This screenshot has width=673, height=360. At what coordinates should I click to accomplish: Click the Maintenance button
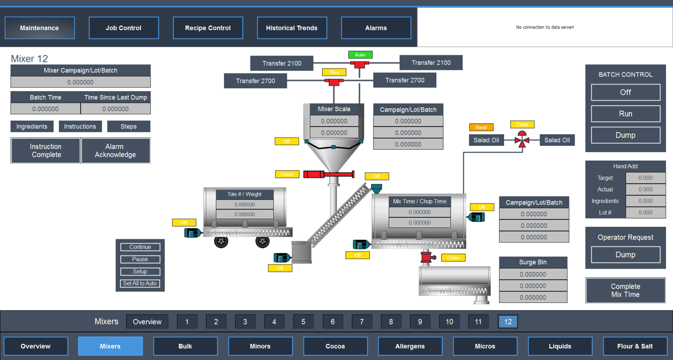[40, 28]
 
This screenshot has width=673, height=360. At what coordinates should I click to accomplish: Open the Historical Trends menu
[291, 28]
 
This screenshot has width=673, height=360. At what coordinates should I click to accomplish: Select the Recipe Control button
[208, 28]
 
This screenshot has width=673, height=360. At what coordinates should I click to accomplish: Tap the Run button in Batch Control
[625, 114]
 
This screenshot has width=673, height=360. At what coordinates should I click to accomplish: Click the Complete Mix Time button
[625, 290]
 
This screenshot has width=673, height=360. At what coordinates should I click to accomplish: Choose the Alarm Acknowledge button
[115, 151]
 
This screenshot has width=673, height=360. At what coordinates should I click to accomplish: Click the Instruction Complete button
[46, 151]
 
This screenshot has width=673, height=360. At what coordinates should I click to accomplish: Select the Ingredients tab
[32, 126]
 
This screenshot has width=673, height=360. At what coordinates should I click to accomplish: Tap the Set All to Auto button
[140, 283]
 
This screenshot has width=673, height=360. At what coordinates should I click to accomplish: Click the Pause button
[140, 259]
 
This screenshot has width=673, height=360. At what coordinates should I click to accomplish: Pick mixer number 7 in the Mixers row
[362, 322]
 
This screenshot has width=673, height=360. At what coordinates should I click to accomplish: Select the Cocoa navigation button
[335, 346]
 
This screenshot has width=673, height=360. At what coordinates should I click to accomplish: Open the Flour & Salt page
[635, 346]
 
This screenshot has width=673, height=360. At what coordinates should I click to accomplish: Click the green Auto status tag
[360, 55]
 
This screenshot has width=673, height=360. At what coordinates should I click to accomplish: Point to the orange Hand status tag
[481, 127]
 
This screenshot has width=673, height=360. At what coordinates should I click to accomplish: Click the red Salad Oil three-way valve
[522, 140]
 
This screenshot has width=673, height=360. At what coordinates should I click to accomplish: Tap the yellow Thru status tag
[334, 72]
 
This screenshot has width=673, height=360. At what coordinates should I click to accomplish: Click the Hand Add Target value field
[645, 178]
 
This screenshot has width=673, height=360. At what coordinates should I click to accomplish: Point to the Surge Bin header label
[533, 262]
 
